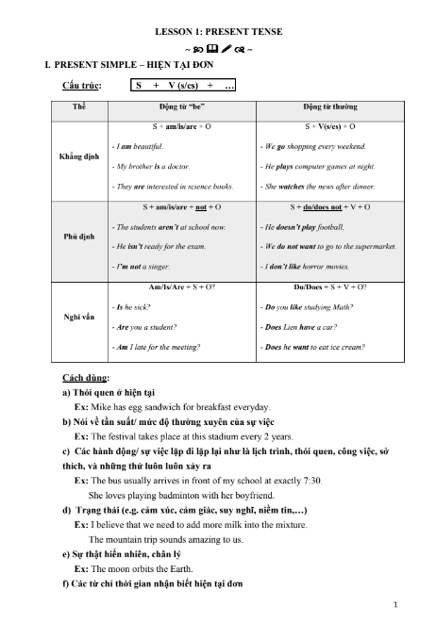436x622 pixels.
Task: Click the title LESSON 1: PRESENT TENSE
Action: pyautogui.click(x=218, y=32)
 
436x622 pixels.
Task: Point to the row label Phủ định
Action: pyautogui.click(x=78, y=237)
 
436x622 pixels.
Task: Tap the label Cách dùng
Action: pyautogui.click(x=83, y=377)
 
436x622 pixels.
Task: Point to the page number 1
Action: pyautogui.click(x=394, y=603)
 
